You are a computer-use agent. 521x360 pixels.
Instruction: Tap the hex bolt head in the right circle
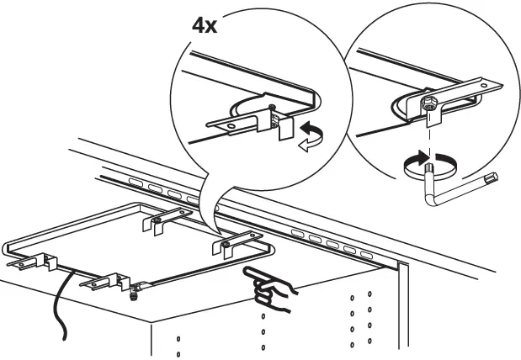[428, 105]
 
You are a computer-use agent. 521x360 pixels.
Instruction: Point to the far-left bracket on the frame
[30, 262]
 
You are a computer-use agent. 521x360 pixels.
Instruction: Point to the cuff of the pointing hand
[290, 293]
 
